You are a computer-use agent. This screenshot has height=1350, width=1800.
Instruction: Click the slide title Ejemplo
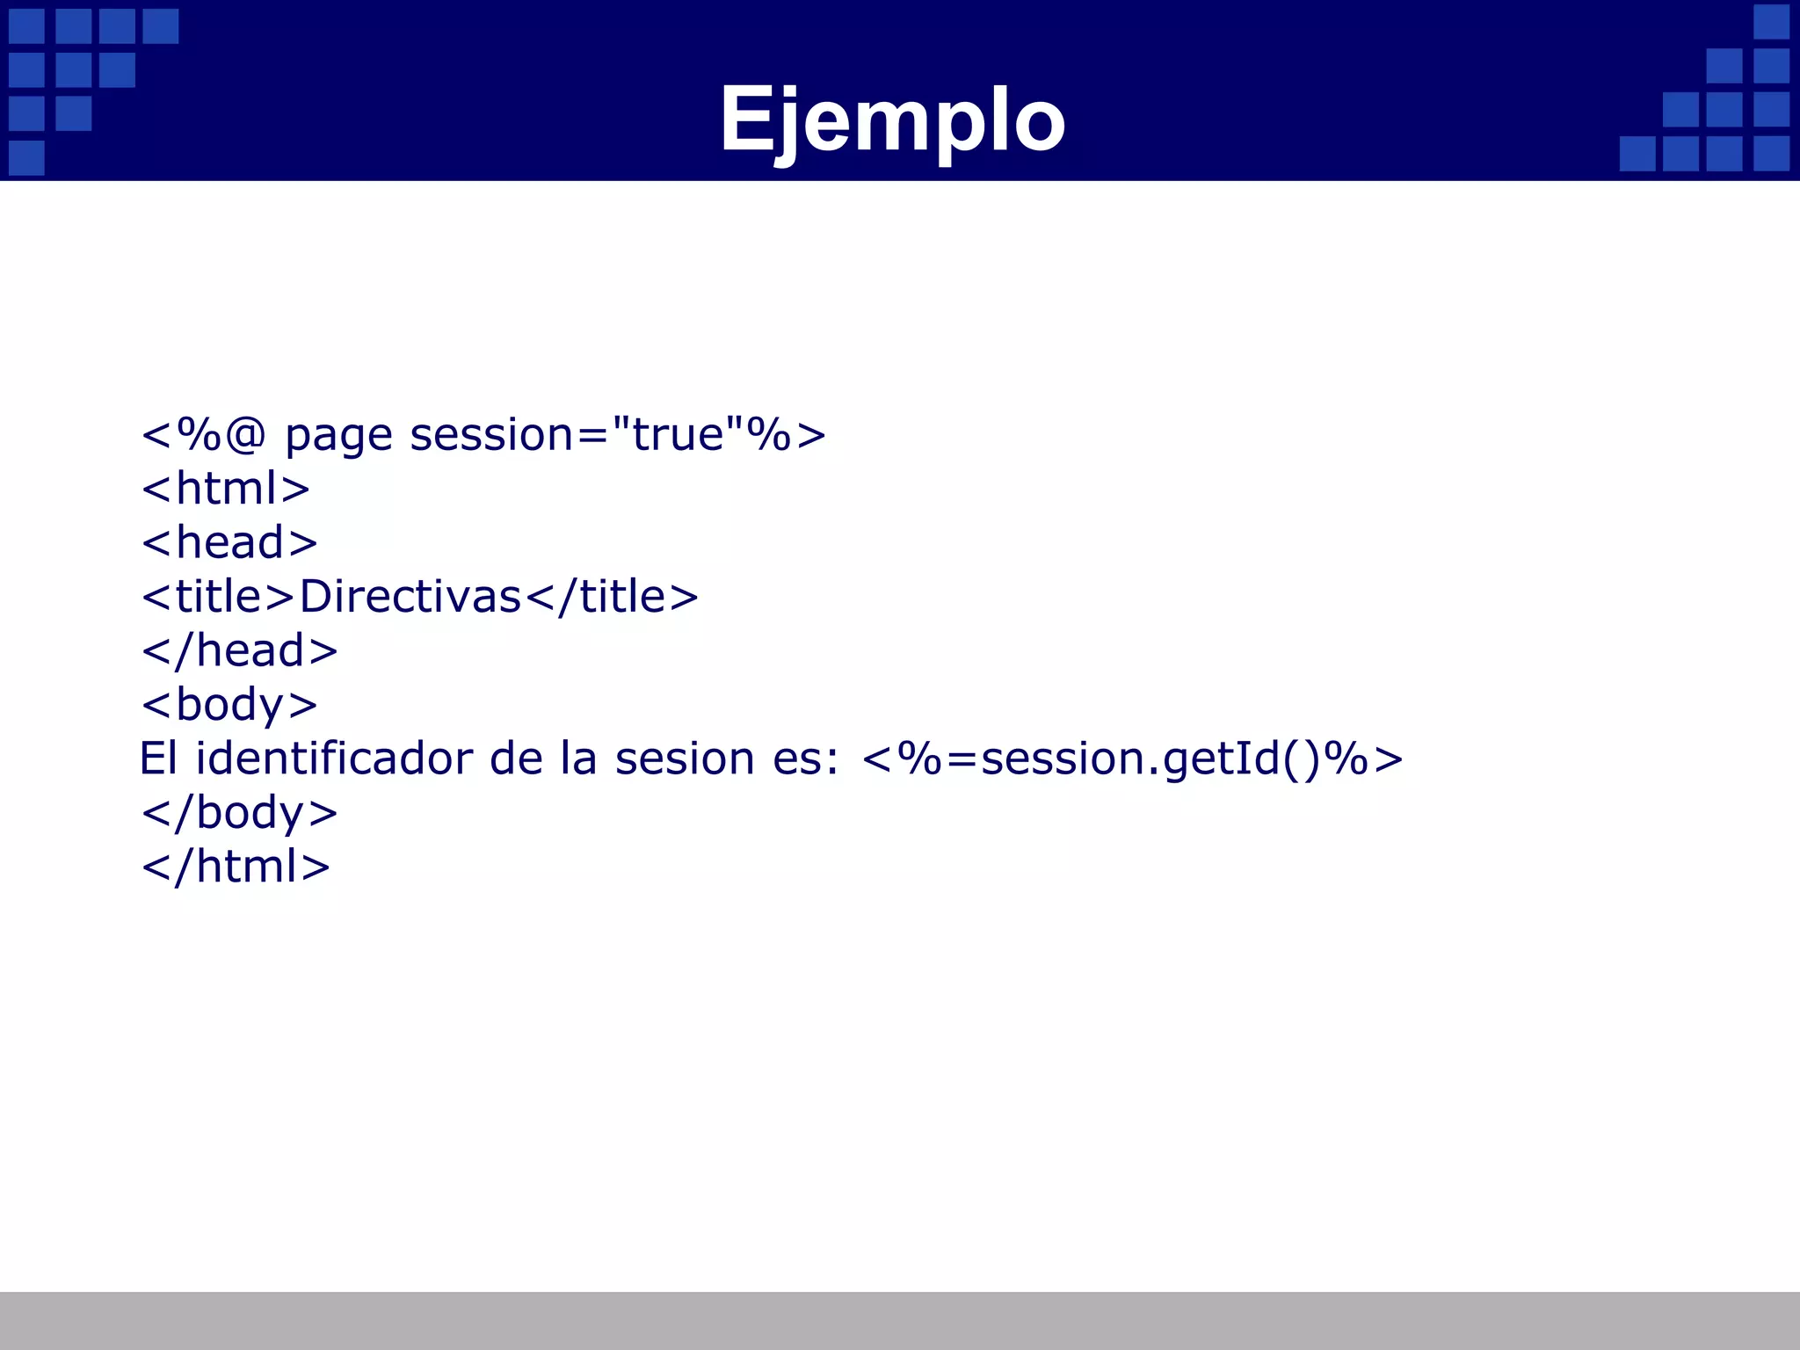coord(892,120)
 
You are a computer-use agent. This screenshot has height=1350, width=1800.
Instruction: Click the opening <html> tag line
coord(226,489)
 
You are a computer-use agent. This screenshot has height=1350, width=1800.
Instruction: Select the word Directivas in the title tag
coord(410,597)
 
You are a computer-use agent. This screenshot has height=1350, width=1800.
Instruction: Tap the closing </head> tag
coord(239,651)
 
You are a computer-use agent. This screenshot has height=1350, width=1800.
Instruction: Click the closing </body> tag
coord(239,813)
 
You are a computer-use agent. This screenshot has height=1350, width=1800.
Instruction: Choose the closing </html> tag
coord(236,867)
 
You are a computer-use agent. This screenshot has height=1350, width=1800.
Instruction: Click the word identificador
coord(334,758)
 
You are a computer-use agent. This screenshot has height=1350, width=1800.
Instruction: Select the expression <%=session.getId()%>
coord(1132,758)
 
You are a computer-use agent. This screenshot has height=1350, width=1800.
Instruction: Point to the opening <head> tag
coord(229,542)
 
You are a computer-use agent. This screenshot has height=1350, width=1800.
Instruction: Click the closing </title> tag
coord(612,597)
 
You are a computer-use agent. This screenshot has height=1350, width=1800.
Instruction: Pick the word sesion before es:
coord(685,758)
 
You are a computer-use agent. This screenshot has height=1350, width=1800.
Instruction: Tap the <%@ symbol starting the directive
coord(203,434)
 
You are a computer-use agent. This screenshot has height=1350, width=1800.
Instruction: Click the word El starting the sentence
coord(158,758)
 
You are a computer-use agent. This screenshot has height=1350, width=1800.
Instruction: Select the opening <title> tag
coord(218,597)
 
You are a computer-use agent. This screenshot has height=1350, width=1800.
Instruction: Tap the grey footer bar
coord(900,1320)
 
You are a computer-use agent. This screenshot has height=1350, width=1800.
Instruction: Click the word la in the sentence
coord(579,758)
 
